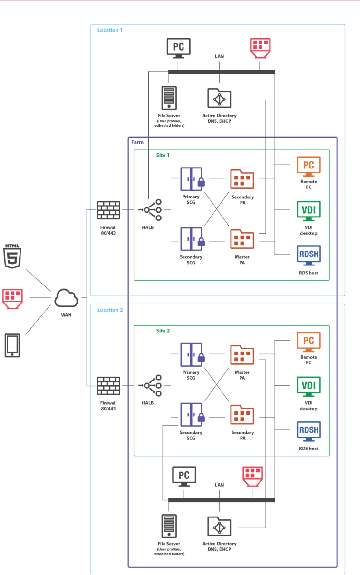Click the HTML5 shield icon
point(12,257)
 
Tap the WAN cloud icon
point(66,298)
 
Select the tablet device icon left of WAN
point(12,345)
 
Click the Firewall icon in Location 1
point(108,210)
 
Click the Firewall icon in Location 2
point(108,386)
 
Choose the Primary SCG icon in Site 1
point(192,179)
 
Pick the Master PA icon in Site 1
point(242,240)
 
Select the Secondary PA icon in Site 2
point(242,415)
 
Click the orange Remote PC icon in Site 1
point(309,166)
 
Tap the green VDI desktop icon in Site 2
point(309,387)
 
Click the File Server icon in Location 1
point(169,98)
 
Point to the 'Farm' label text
point(138,142)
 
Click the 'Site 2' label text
point(163,331)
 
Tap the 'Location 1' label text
point(110,30)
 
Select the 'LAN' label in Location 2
point(219,485)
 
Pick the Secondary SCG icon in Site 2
point(192,415)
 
